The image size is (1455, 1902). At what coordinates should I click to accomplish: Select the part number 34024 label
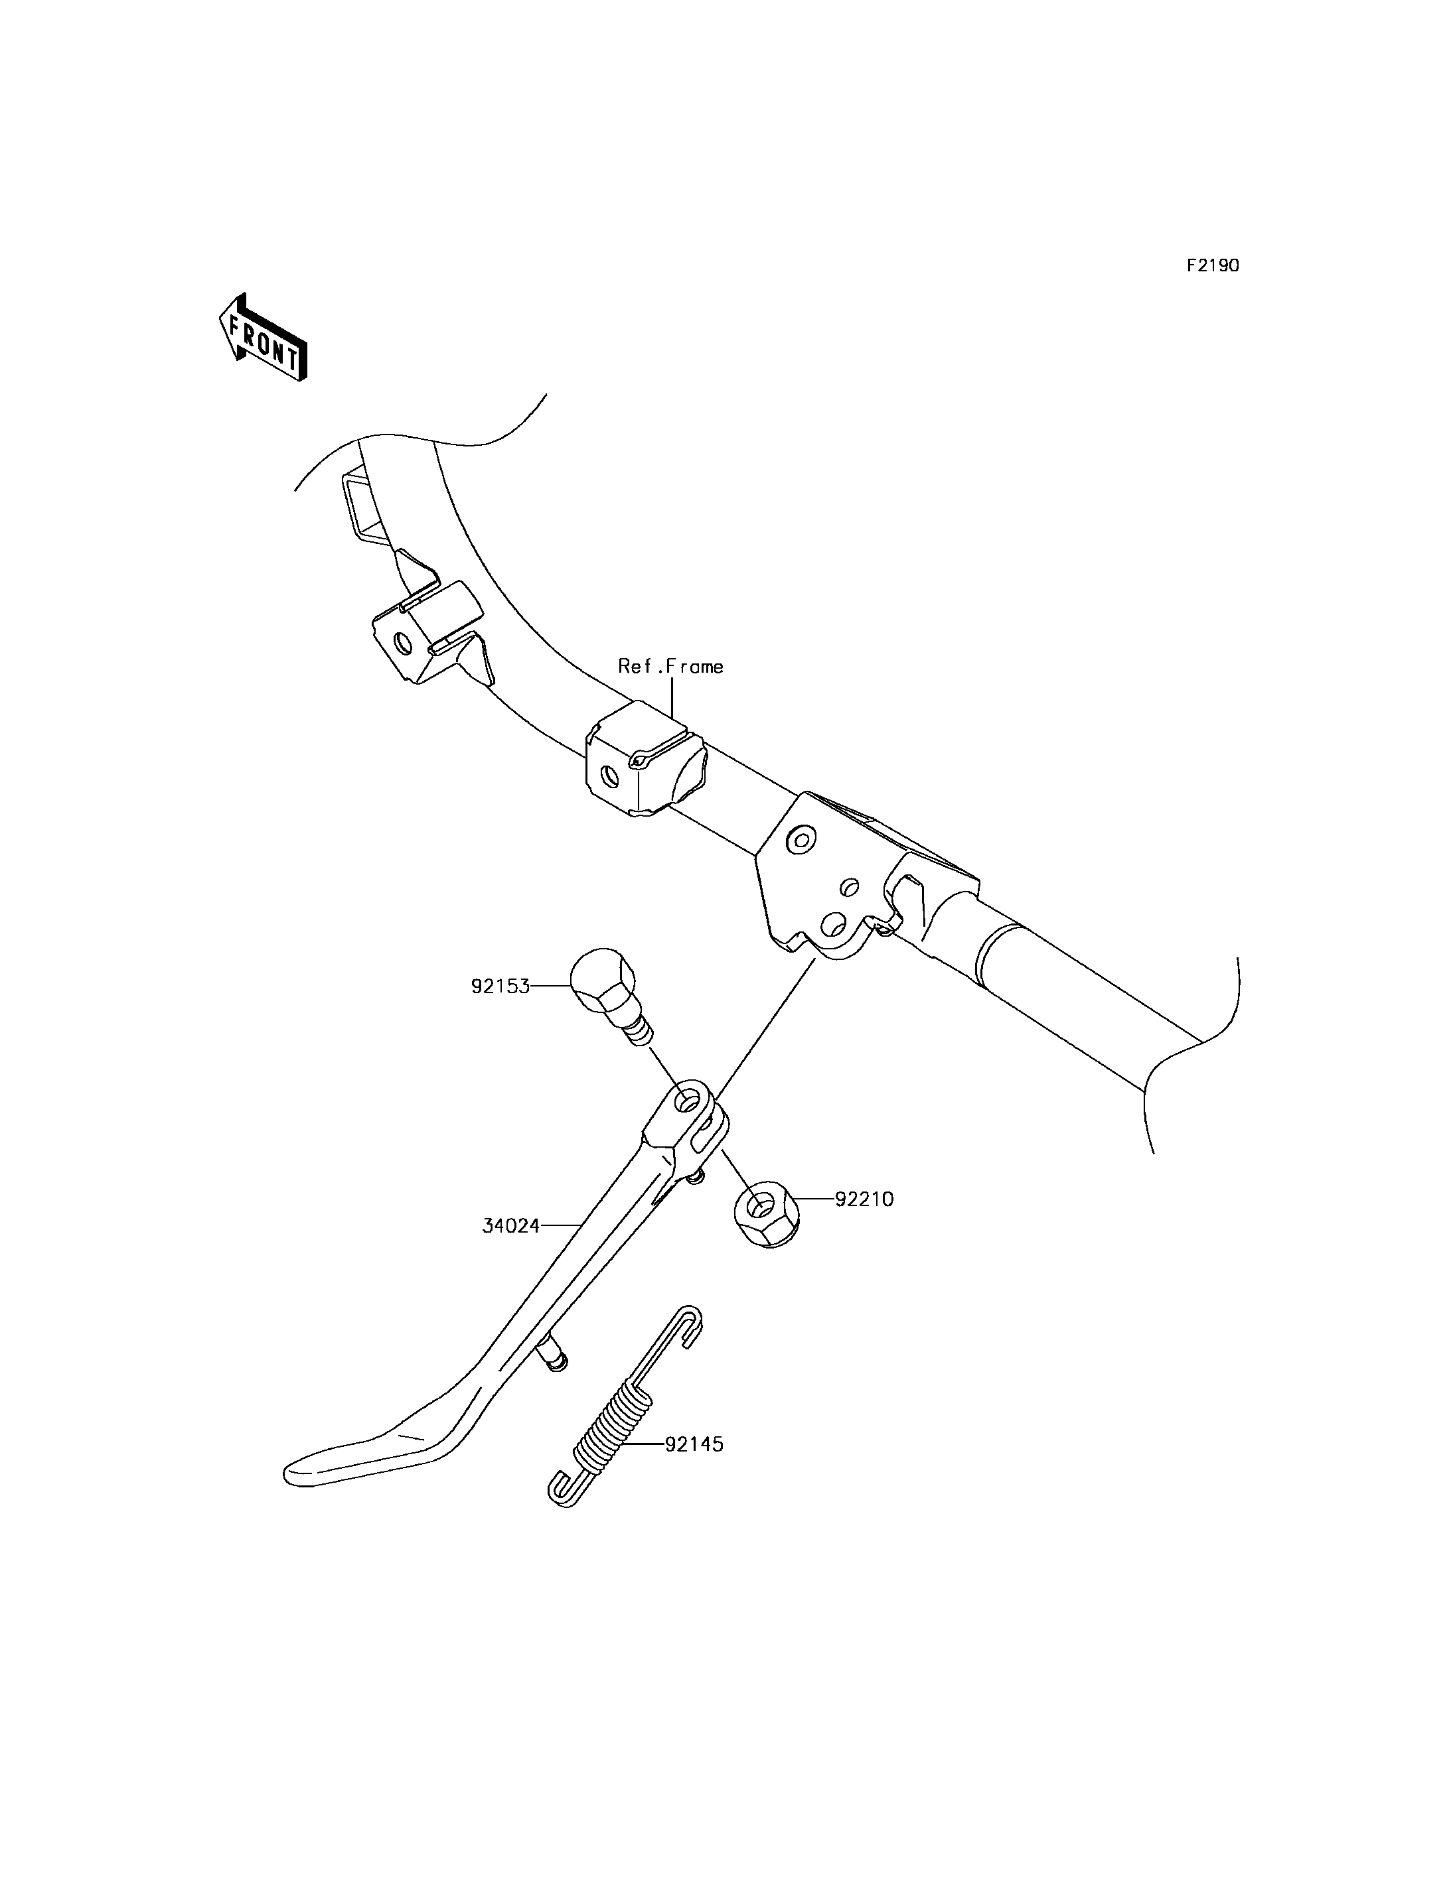[x=511, y=1226]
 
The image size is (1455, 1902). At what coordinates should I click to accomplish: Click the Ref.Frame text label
[x=670, y=666]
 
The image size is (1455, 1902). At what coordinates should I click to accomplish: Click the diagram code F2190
[x=1213, y=266]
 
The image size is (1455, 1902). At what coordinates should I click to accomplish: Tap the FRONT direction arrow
[x=262, y=338]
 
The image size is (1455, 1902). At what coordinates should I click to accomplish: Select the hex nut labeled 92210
[x=765, y=1214]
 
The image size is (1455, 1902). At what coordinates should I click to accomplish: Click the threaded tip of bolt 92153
[x=642, y=1034]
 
